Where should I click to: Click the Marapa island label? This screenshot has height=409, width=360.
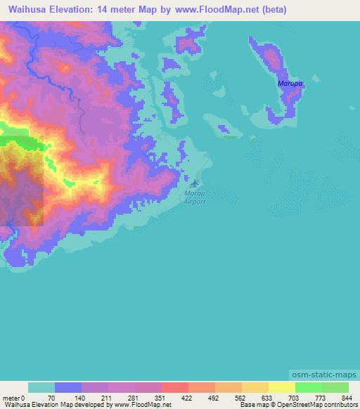[x=289, y=84]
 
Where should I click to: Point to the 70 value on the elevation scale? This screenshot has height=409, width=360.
[x=50, y=398]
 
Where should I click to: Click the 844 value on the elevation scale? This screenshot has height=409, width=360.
[x=347, y=398]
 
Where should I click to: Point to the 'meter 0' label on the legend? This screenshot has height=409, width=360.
[x=13, y=398]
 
